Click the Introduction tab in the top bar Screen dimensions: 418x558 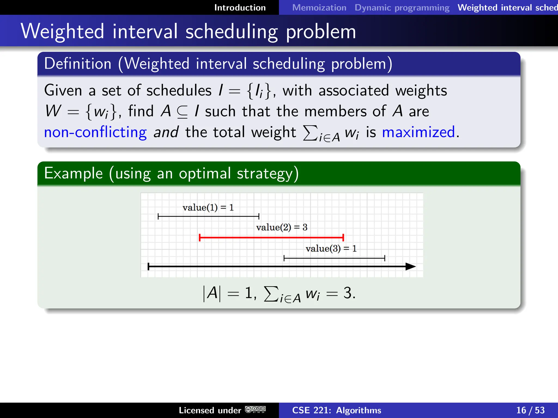[240, 8]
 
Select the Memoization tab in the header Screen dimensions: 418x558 [319, 8]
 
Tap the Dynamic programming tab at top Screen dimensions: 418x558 [402, 8]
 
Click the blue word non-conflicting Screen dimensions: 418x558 [95, 132]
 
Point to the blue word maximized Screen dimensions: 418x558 [418, 132]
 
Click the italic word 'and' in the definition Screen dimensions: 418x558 [166, 132]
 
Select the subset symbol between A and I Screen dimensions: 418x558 [182, 112]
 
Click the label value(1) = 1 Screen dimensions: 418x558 [208, 208]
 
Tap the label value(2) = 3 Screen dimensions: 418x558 [281, 227]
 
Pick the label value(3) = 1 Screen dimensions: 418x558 [331, 248]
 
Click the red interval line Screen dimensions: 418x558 [271, 238]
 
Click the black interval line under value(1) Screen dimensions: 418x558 [208, 217]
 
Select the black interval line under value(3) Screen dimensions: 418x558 [334, 258]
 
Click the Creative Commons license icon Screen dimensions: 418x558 [255, 410]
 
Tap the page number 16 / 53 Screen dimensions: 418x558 [530, 410]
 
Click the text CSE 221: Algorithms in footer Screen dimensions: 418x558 [336, 410]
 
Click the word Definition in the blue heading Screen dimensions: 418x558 [78, 64]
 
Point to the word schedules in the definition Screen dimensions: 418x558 [179, 90]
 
